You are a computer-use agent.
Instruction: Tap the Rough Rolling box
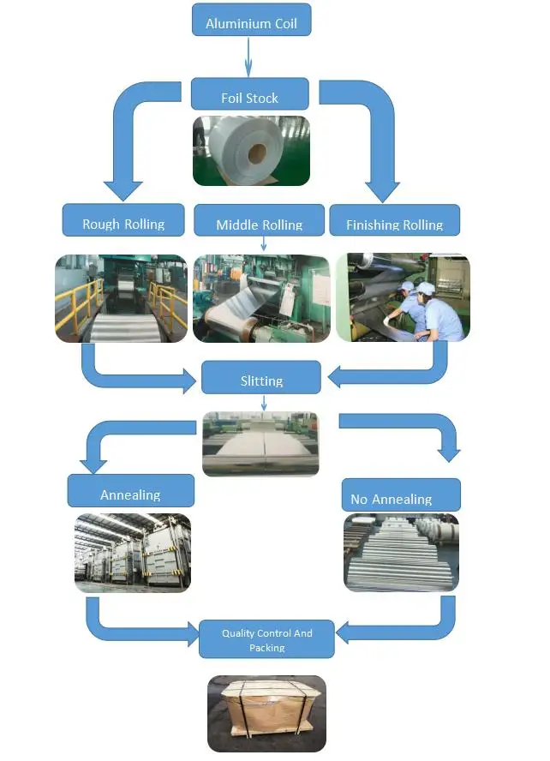pyautogui.click(x=123, y=220)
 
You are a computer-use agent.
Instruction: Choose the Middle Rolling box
pyautogui.click(x=259, y=220)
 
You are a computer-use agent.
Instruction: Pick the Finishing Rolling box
pyautogui.click(x=394, y=220)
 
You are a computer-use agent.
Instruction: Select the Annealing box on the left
pyautogui.click(x=130, y=491)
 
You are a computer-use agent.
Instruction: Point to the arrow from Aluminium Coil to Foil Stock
pyautogui.click(x=248, y=57)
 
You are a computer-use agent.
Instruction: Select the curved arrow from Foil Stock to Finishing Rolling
pyautogui.click(x=369, y=129)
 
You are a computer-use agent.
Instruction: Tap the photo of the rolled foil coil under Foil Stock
pyautogui.click(x=250, y=151)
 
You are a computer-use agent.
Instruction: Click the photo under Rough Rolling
pyautogui.click(x=121, y=298)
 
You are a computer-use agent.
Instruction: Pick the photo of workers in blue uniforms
pyautogui.click(x=403, y=298)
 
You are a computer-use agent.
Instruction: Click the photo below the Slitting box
pyautogui.click(x=260, y=443)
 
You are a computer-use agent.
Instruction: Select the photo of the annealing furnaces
pyautogui.click(x=132, y=553)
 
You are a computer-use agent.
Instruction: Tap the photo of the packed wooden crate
pyautogui.click(x=266, y=713)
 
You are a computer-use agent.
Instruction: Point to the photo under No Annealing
pyautogui.click(x=401, y=553)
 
